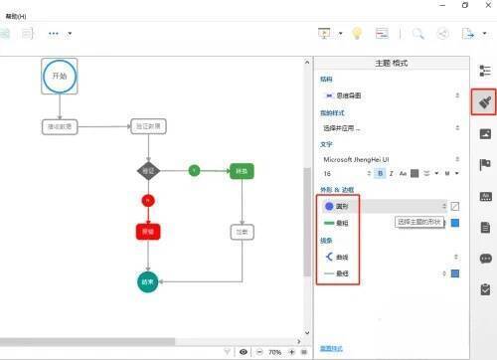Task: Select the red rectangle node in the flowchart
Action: coord(148,232)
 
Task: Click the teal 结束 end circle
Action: coord(148,281)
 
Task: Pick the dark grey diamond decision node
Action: coord(148,170)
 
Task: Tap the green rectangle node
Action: coord(242,171)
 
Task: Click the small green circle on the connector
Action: coord(195,171)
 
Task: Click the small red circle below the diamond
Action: coord(148,201)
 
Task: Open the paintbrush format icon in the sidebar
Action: coord(484,101)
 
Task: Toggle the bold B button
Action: coord(380,173)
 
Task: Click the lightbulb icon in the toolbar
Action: coord(356,33)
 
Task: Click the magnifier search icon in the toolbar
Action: coord(418,33)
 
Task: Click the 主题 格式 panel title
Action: coord(390,63)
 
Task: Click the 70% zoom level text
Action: coord(274,352)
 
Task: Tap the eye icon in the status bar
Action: coord(244,352)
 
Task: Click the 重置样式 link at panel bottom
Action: coord(332,348)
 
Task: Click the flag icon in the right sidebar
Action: coord(485,164)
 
